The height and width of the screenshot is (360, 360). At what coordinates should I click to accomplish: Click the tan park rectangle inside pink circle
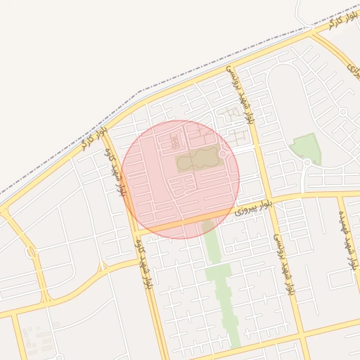pyautogui.click(x=198, y=161)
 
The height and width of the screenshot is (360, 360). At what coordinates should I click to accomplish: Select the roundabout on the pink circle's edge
pyautogui.click(x=224, y=154)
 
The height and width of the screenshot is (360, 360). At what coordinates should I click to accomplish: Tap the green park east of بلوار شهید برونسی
pyautogui.click(x=306, y=147)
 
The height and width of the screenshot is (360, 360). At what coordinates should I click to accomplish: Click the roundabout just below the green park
pyautogui.click(x=307, y=163)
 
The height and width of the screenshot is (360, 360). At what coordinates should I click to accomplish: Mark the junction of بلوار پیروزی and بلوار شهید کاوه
pyautogui.click(x=134, y=233)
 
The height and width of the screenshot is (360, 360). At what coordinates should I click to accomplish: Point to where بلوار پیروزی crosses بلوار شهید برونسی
pyautogui.click(x=269, y=200)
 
